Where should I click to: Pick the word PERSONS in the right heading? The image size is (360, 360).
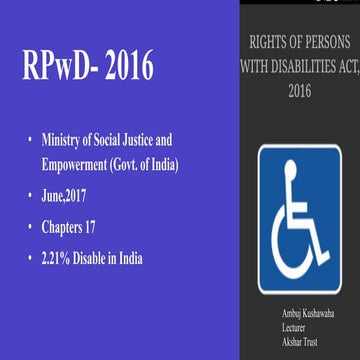click(x=320, y=43)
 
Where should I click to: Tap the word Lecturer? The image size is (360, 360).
click(x=297, y=327)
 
